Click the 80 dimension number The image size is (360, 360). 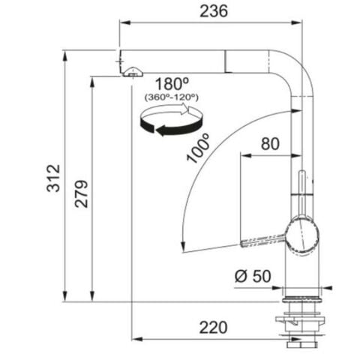(271, 142)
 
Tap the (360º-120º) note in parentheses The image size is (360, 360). (172, 97)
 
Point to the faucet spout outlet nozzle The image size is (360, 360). (132, 72)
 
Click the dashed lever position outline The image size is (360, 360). (262, 240)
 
